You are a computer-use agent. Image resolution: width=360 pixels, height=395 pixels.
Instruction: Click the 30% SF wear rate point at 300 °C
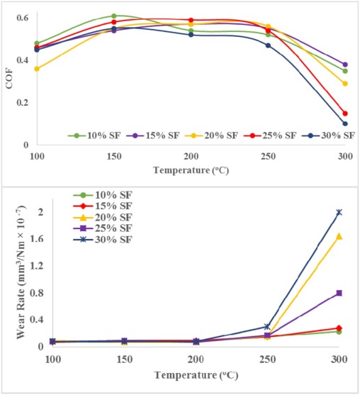tap(339, 212)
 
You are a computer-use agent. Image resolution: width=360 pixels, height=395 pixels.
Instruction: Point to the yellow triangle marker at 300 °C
tap(339, 236)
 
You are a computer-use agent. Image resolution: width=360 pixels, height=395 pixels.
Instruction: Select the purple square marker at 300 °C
tap(339, 293)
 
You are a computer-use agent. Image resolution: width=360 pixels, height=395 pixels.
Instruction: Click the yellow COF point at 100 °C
tap(37, 69)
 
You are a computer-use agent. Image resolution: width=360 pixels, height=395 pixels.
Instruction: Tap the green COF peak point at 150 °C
tap(113, 16)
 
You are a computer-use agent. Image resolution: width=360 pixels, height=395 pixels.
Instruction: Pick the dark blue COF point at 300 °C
tap(345, 123)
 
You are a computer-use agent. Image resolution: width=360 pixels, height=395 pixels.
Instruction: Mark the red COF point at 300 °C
tap(345, 113)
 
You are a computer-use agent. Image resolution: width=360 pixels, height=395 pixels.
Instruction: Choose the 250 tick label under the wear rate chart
tap(267, 360)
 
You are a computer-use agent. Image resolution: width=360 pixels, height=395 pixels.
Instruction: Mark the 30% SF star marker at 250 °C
tap(267, 327)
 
